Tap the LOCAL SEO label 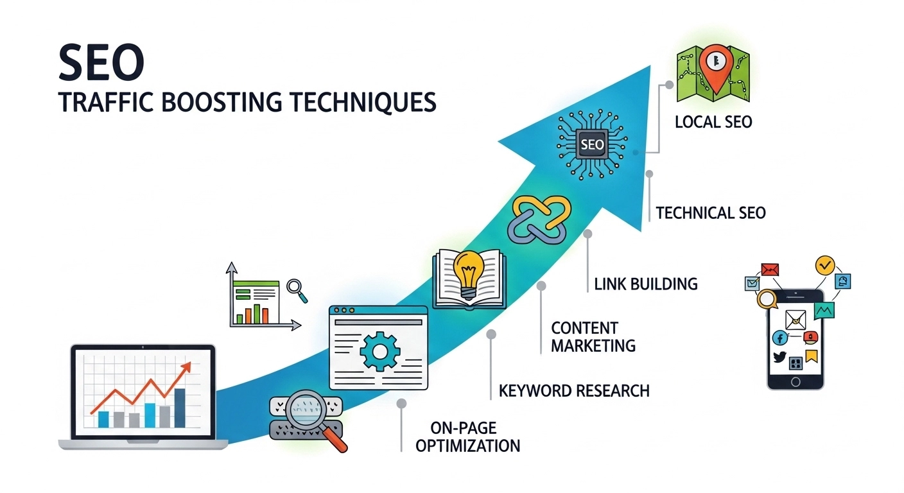tap(713, 121)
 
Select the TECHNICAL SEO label tap(711, 212)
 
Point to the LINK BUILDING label tap(645, 282)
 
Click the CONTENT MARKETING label tap(593, 336)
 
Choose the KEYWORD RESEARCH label tap(574, 390)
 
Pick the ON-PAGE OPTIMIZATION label tap(467, 437)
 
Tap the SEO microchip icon tap(591, 144)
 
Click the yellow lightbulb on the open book tap(467, 268)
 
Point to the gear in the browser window tap(380, 350)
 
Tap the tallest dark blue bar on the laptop tap(180, 408)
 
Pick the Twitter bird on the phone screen tap(779, 358)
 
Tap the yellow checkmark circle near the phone tap(824, 264)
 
